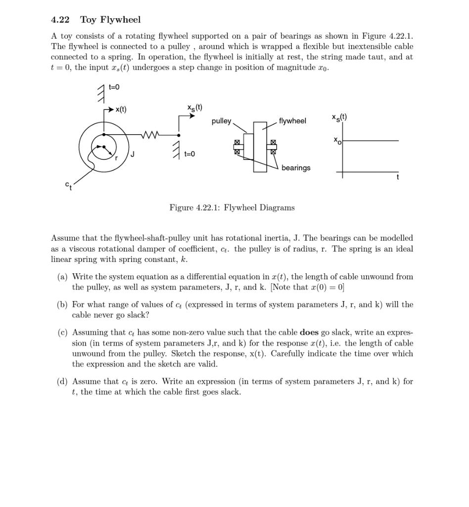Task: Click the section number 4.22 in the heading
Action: coord(60,20)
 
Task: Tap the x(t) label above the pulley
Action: coord(121,109)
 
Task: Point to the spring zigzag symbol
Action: coord(150,134)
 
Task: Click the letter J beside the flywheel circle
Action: coord(133,154)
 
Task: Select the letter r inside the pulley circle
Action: coord(116,158)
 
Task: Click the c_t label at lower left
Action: coord(68,185)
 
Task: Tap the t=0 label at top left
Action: coord(114,87)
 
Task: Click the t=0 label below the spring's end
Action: coord(189,154)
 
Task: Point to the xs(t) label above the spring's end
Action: coord(194,107)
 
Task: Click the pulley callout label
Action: coord(221,121)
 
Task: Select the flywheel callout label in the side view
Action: coord(292,121)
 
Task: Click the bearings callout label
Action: coord(296,168)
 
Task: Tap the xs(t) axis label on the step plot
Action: coord(339,117)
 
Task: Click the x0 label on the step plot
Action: coord(337,141)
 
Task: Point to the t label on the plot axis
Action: coord(397,177)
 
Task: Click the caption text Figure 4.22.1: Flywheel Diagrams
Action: coord(232,207)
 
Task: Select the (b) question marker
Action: coord(62,304)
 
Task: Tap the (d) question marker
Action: coord(62,381)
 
